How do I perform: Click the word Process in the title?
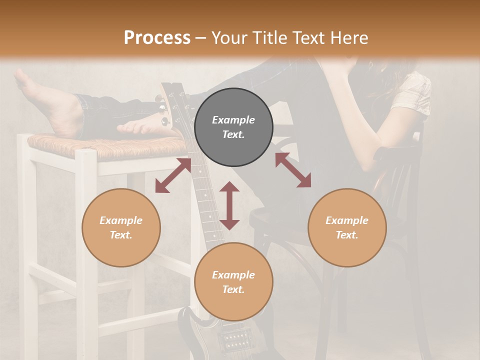157,38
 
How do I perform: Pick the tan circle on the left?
121,227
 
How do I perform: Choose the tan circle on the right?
347,227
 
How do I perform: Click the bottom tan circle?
233,281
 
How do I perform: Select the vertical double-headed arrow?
229,205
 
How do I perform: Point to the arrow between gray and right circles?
293,170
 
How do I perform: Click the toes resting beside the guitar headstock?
137,128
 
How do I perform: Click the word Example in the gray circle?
233,120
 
